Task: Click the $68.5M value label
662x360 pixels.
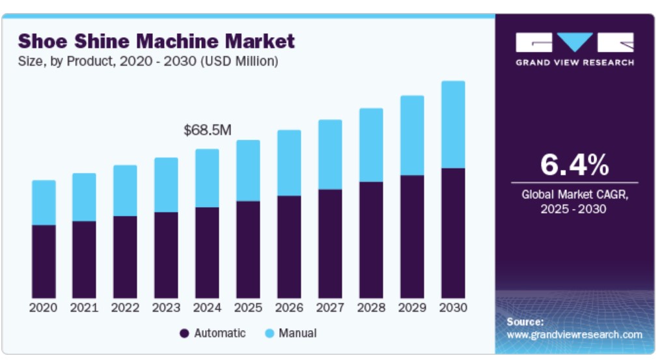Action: [207, 130]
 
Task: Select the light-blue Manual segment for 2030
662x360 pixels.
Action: [453, 124]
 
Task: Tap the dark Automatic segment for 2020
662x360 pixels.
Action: [44, 262]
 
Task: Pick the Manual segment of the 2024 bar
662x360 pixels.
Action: [207, 178]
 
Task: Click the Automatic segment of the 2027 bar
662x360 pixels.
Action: [330, 244]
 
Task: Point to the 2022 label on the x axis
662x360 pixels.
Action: [125, 307]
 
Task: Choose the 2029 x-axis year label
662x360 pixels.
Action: [412, 307]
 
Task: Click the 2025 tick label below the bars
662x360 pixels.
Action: [248, 307]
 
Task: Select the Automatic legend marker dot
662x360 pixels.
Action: [184, 333]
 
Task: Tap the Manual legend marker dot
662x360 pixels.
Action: [269, 333]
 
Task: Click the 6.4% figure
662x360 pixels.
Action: [574, 165]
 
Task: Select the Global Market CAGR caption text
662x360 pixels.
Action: [573, 194]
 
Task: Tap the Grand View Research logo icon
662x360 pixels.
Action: [574, 43]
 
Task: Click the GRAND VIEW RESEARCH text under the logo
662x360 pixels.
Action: [574, 62]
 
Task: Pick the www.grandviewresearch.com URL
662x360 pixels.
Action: [574, 335]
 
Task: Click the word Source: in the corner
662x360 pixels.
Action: [525, 322]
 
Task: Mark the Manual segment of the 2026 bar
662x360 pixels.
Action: [289, 163]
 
